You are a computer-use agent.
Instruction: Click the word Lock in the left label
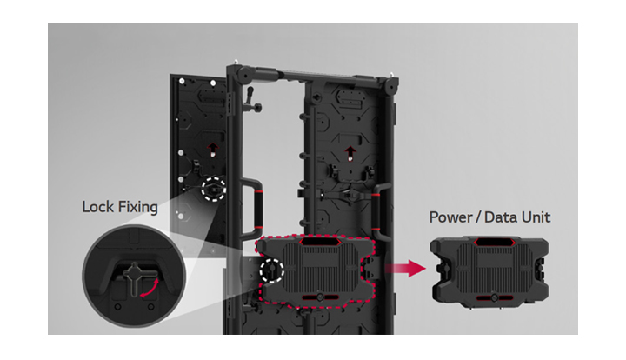[96, 207]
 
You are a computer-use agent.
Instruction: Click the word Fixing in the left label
[136, 208]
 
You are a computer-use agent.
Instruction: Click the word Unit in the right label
[536, 217]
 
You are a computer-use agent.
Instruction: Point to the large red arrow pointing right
[405, 268]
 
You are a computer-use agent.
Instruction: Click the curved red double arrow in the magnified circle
[150, 288]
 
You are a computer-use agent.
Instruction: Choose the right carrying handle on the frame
[379, 211]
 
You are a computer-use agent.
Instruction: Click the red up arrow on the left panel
[213, 149]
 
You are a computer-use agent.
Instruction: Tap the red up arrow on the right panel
[350, 152]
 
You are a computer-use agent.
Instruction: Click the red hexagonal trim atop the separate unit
[494, 242]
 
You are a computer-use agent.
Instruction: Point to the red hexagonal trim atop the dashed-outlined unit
[320, 241]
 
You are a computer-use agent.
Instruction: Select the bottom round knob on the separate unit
[494, 297]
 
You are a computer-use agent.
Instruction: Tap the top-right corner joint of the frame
[391, 85]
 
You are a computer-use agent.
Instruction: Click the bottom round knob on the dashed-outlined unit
[320, 297]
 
